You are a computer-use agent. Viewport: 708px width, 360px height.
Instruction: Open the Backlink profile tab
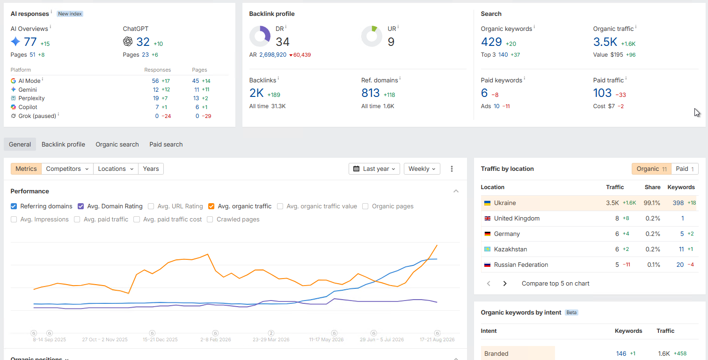point(63,145)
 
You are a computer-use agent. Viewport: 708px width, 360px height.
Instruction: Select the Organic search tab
point(117,145)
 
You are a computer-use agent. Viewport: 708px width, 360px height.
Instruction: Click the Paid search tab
point(166,145)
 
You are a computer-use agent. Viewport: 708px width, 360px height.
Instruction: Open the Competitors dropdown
point(67,169)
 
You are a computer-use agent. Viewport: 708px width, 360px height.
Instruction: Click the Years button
point(151,169)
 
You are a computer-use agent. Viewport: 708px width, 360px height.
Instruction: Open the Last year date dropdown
point(374,169)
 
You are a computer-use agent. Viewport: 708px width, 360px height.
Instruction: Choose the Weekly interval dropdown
point(422,169)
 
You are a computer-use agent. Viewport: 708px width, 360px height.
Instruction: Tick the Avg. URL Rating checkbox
point(151,206)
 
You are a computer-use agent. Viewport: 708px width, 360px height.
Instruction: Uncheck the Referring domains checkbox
point(14,206)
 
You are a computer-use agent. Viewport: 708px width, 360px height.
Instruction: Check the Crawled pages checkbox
point(210,220)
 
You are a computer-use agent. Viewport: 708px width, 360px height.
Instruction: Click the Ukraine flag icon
point(488,203)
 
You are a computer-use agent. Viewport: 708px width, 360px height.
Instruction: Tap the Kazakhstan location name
point(511,250)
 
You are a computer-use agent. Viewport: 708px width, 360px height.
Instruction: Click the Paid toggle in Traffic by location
point(685,169)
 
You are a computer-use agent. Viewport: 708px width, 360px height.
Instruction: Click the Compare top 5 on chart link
point(555,284)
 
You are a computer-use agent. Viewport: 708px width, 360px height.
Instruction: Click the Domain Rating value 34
point(283,42)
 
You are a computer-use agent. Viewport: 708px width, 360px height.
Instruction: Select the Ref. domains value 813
point(370,93)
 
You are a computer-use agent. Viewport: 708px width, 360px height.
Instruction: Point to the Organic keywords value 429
point(491,42)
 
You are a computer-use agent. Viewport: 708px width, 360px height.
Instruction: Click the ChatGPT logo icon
point(128,41)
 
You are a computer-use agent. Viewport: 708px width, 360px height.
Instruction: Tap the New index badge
point(70,14)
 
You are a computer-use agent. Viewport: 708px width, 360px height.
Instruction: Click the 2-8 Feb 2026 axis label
point(216,339)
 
